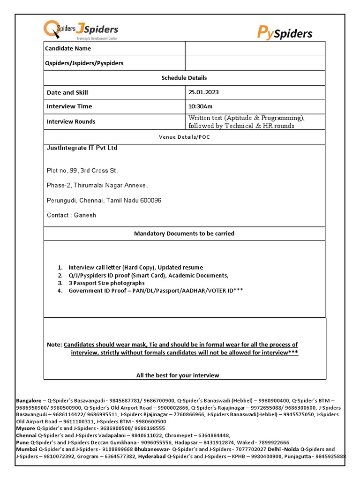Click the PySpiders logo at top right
(x=285, y=32)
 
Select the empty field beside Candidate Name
(x=255, y=49)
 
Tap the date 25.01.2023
(x=204, y=92)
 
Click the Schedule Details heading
(x=184, y=78)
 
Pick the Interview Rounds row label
(x=71, y=121)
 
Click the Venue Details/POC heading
(x=184, y=137)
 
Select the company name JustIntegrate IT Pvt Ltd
(x=82, y=148)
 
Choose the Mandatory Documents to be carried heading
(x=184, y=233)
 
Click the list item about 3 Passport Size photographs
(x=107, y=283)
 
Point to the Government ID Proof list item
(x=156, y=291)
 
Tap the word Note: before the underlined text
(x=54, y=345)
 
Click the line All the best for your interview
(x=178, y=375)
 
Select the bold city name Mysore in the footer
(x=26, y=428)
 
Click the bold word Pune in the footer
(x=22, y=442)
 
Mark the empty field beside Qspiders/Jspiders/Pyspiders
(x=255, y=63)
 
